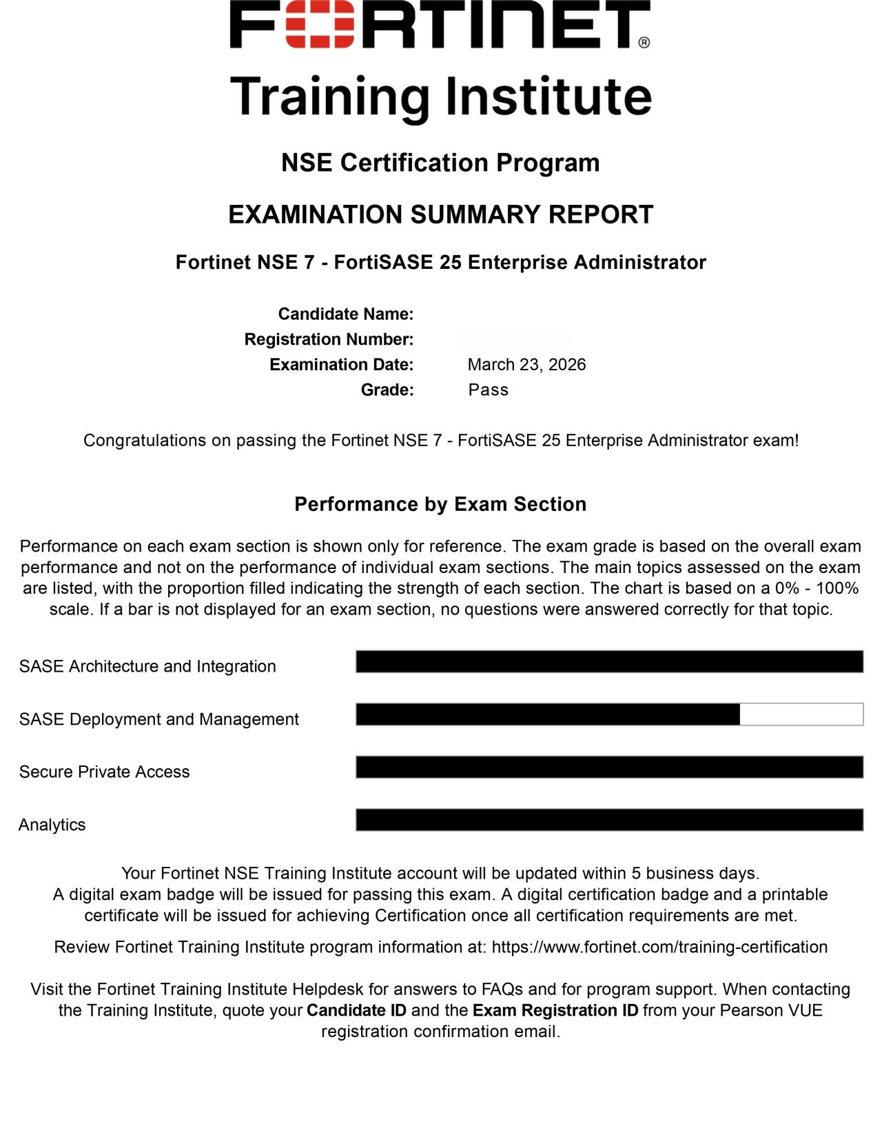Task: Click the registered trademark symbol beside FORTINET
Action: pos(644,42)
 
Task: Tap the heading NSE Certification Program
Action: pos(440,163)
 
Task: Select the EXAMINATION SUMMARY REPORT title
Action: pos(440,214)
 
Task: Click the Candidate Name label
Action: pos(345,314)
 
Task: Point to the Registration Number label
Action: pos(329,339)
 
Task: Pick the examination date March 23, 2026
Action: pos(526,365)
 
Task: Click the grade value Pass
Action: pos(488,390)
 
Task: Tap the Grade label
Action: pos(387,390)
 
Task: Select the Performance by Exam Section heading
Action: pos(440,504)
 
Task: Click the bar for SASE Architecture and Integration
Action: pos(609,661)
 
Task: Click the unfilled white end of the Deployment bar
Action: pos(801,714)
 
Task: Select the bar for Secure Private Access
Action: pos(609,767)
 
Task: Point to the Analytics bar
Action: pos(609,820)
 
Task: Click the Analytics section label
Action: pos(52,825)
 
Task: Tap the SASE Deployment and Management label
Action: pos(159,719)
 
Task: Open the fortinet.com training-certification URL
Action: pos(659,947)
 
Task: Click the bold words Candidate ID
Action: pos(356,1010)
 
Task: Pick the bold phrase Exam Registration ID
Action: pos(555,1010)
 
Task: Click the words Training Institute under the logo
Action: pos(440,97)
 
